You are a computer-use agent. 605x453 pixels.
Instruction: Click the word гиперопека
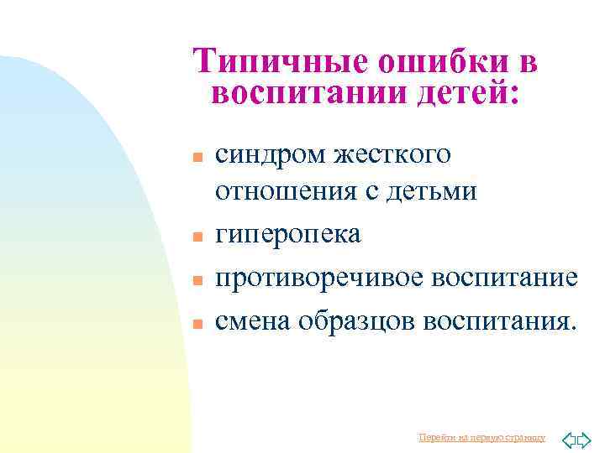coord(288,235)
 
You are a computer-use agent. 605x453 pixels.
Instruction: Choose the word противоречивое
coord(318,278)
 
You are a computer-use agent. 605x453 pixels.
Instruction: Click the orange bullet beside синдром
coord(197,158)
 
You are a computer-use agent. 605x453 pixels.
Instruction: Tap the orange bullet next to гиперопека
coord(197,237)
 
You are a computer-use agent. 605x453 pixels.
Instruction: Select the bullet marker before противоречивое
coord(197,280)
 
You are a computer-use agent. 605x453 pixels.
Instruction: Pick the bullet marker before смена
coord(197,323)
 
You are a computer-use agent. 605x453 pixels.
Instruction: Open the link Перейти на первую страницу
coord(481,437)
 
